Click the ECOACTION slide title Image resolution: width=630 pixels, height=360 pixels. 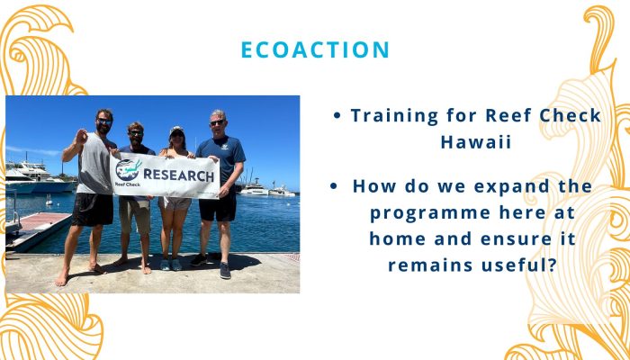[x=315, y=49]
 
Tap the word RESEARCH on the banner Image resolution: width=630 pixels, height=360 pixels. [x=178, y=175]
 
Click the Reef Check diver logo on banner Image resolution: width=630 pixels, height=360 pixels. [x=128, y=170]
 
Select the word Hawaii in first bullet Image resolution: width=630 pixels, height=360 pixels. [x=476, y=142]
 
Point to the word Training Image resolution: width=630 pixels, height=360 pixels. [x=394, y=116]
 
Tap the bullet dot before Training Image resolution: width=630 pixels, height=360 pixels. [x=337, y=116]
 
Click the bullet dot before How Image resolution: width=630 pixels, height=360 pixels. [x=333, y=186]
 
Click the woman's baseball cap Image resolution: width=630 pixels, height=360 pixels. [x=176, y=130]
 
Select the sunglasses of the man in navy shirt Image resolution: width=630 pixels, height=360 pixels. [x=217, y=122]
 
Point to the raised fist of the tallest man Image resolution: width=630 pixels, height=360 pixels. [x=82, y=137]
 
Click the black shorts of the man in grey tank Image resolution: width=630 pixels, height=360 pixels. [x=93, y=209]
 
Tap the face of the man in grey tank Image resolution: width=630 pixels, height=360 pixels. [x=104, y=123]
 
